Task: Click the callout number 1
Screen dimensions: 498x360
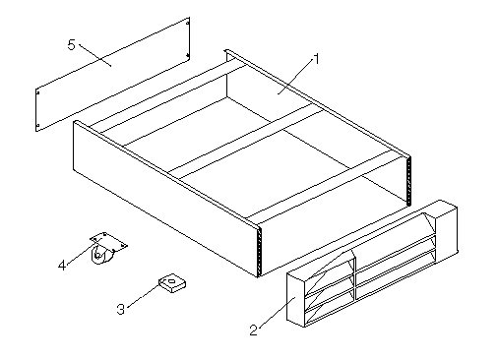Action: pos(316,59)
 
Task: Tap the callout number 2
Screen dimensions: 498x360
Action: pos(253,330)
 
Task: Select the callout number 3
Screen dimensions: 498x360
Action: pos(121,309)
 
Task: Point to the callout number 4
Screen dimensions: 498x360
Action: pos(62,266)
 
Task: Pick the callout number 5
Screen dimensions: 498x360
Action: pos(72,44)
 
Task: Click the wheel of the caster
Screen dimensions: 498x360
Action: pos(97,255)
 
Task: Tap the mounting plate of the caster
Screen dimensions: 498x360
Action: pos(108,242)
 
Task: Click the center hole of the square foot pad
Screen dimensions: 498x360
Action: pos(171,280)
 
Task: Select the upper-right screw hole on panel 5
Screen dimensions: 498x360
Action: pos(188,23)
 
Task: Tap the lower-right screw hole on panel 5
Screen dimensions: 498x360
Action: pos(188,56)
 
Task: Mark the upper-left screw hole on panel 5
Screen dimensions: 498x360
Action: pos(37,93)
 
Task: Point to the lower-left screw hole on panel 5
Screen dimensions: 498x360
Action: pos(37,125)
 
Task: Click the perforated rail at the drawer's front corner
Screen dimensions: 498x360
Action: pos(260,252)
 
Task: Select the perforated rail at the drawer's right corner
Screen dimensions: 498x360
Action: pos(408,181)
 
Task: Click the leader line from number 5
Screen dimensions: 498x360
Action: pos(95,55)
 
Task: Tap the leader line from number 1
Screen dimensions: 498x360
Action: pos(296,77)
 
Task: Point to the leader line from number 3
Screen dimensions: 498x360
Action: pos(143,296)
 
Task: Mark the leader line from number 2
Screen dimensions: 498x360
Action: pos(278,313)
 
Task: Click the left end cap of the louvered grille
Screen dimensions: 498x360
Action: pos(296,299)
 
